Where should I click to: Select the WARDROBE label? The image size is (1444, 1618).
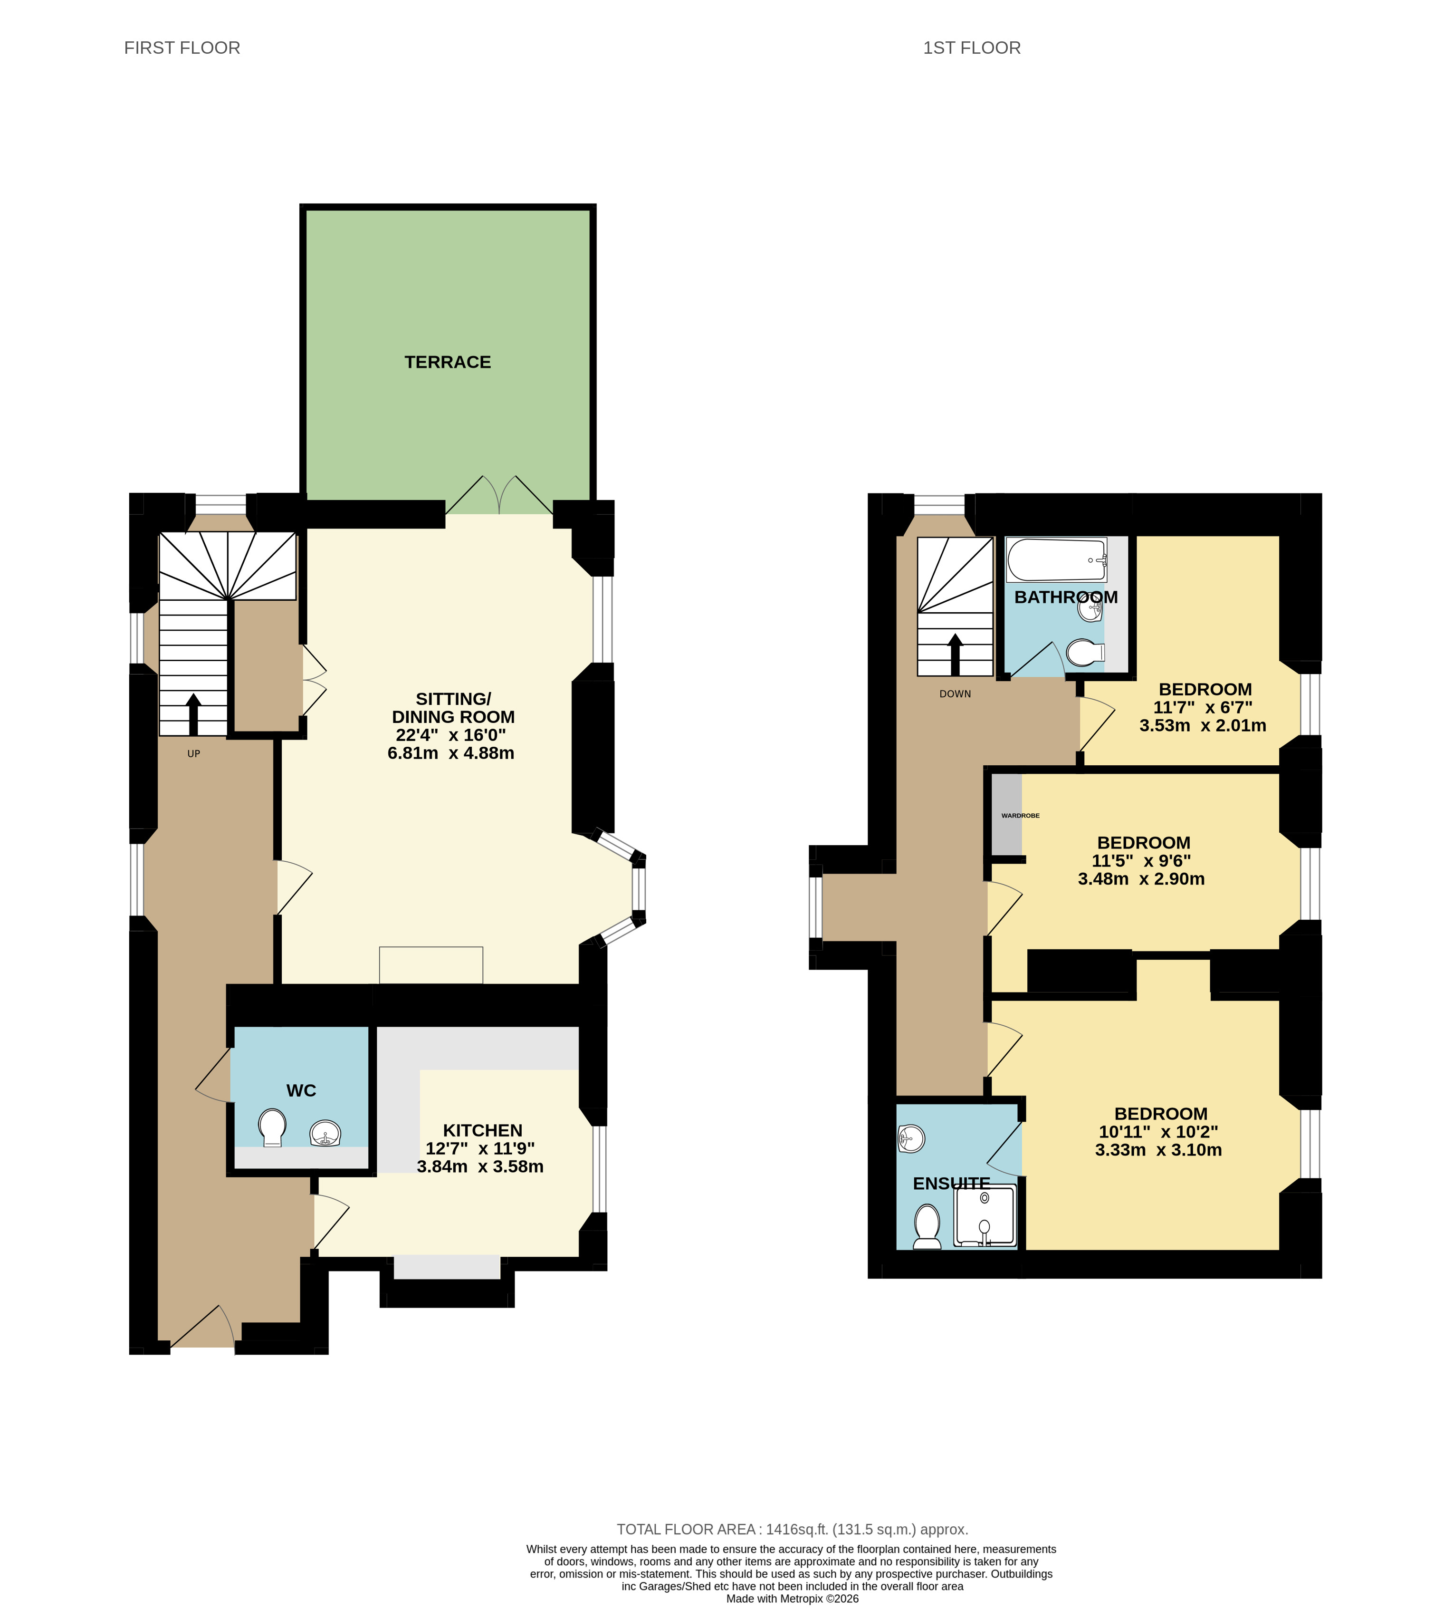click(1020, 816)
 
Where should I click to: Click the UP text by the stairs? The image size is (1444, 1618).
click(193, 754)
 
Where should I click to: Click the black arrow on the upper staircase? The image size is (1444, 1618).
click(955, 655)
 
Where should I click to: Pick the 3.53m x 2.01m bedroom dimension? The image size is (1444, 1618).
click(1203, 725)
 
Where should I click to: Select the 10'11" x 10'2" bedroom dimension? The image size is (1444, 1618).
click(1158, 1132)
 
